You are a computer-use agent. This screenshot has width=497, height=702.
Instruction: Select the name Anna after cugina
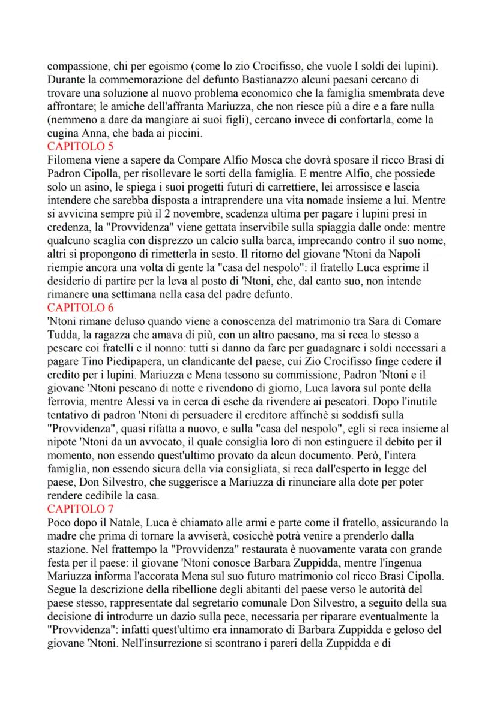91,134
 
